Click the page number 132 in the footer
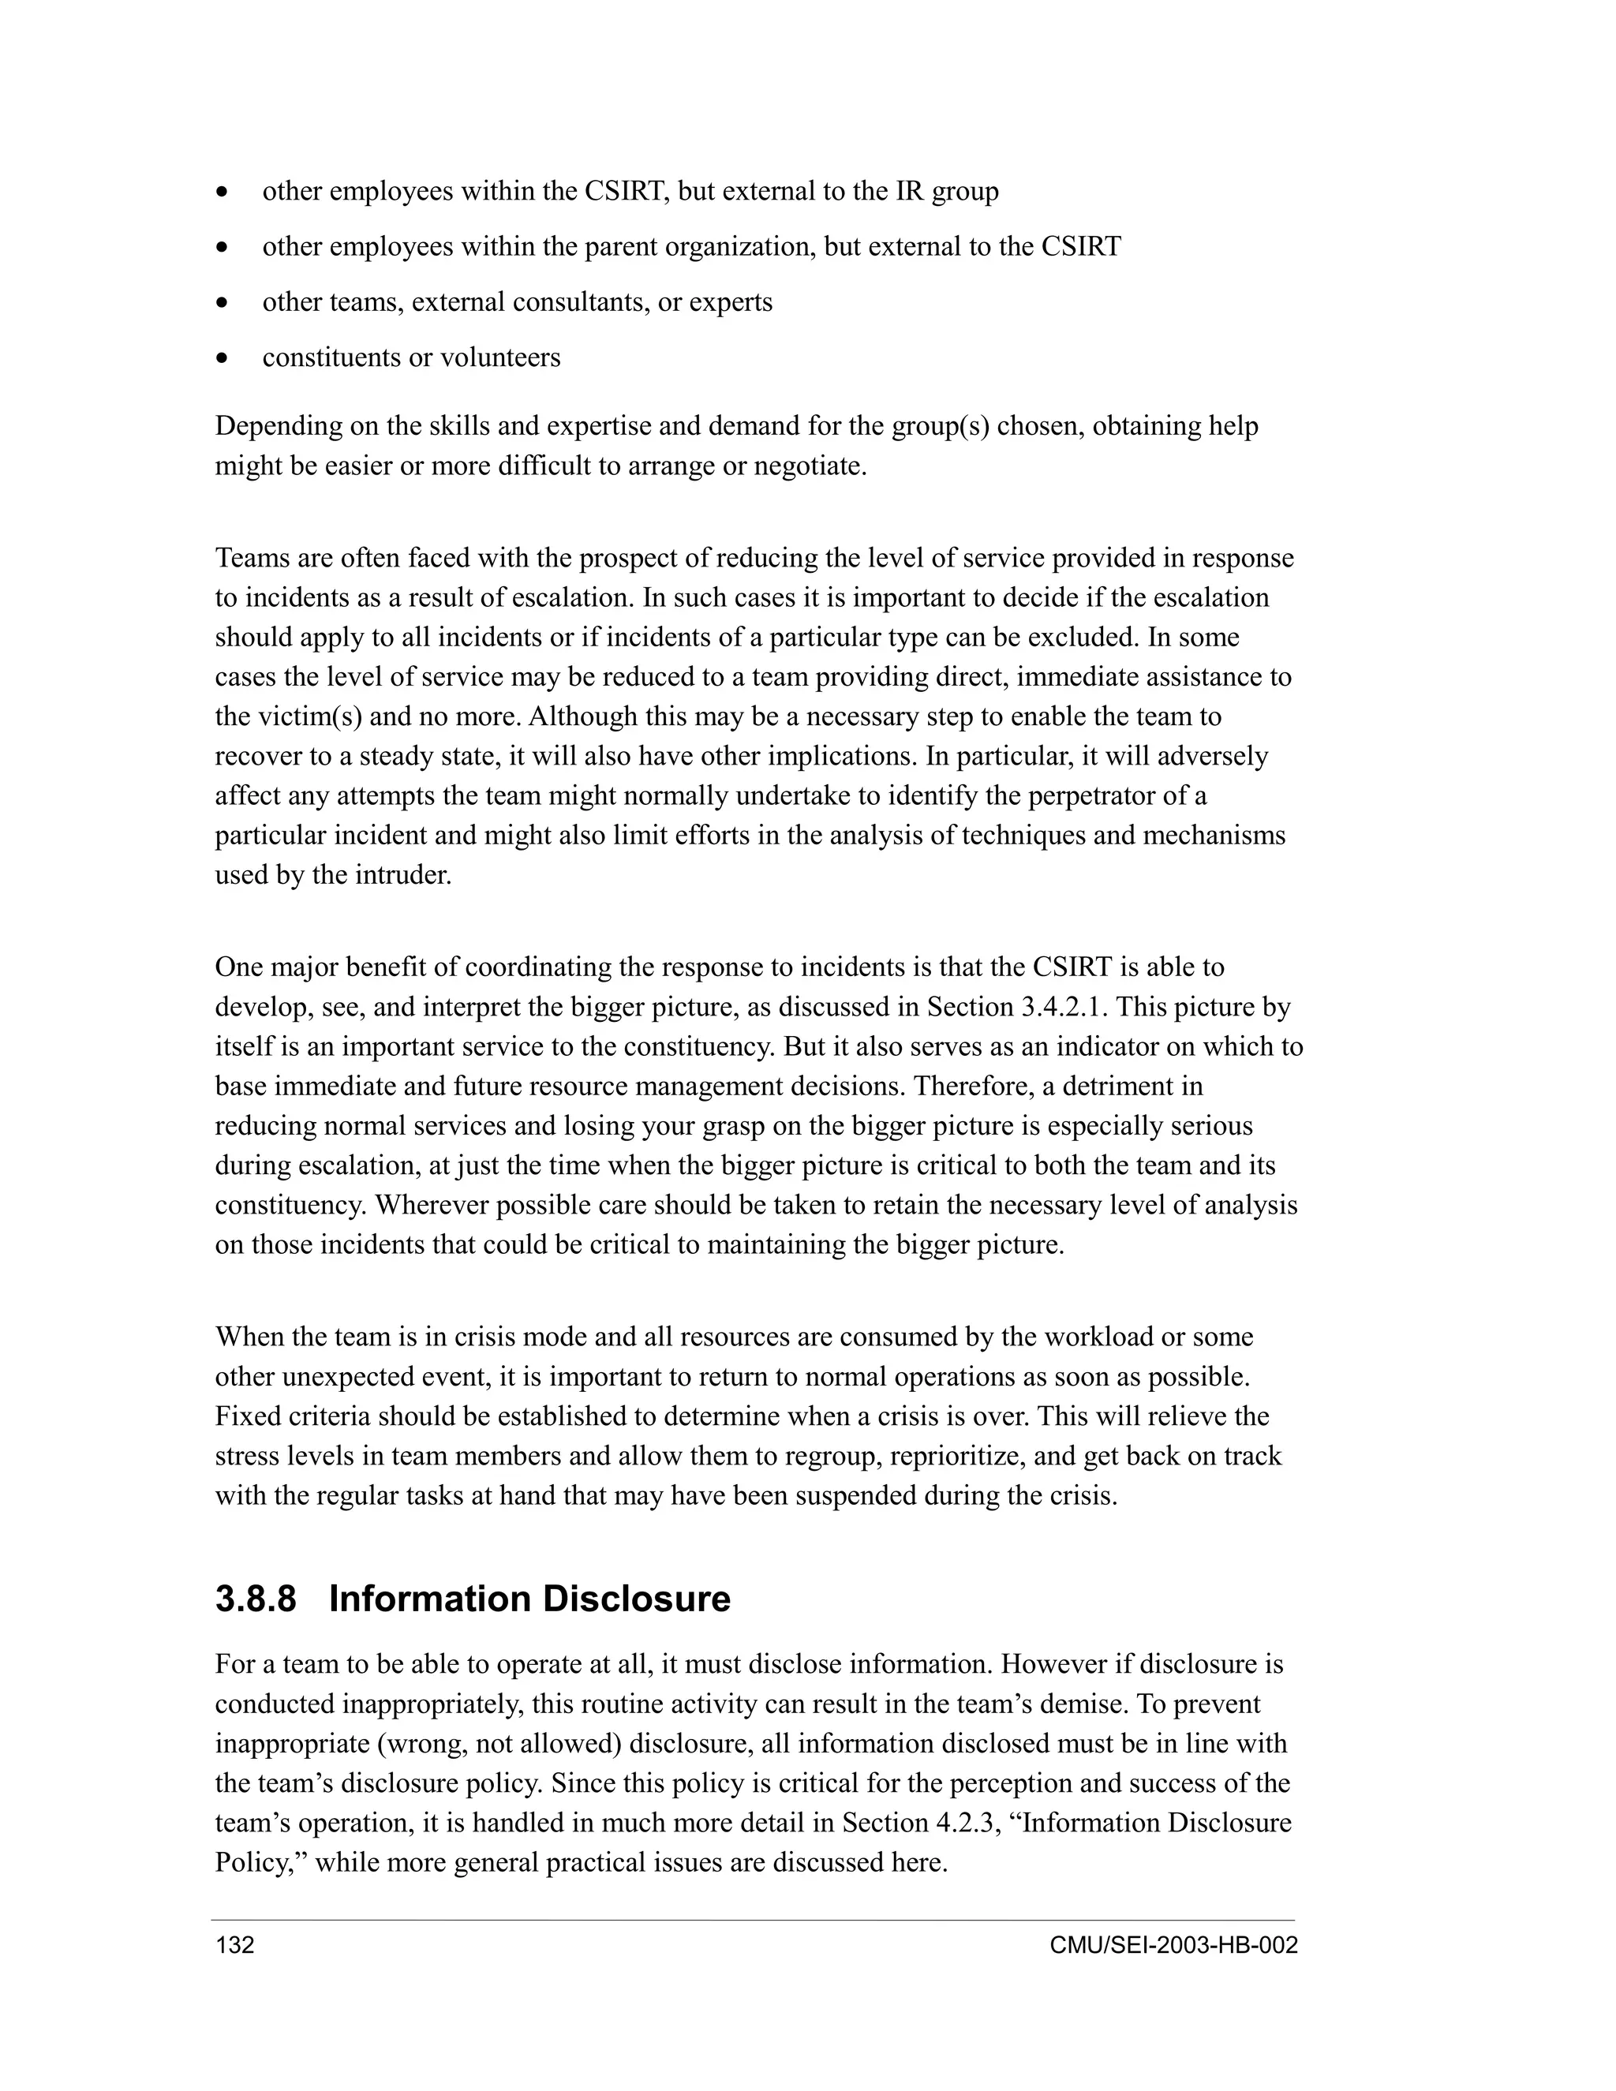pos(235,1946)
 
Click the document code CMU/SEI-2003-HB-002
pos(1173,1946)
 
